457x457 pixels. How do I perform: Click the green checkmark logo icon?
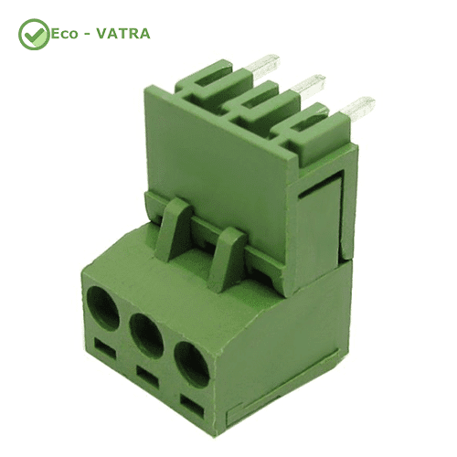[x=34, y=34]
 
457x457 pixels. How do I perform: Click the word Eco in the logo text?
[x=64, y=34]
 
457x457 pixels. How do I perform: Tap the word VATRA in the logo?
[x=123, y=34]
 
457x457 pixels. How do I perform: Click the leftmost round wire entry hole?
[x=103, y=309]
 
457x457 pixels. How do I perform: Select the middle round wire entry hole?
[x=146, y=335]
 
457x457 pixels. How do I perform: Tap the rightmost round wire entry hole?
[x=192, y=365]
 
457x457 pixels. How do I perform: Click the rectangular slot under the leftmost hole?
[x=105, y=348]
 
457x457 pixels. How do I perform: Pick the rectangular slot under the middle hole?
[x=148, y=377]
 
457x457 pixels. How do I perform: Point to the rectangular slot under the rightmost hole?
[x=192, y=406]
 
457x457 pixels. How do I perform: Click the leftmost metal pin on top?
[x=263, y=66]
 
